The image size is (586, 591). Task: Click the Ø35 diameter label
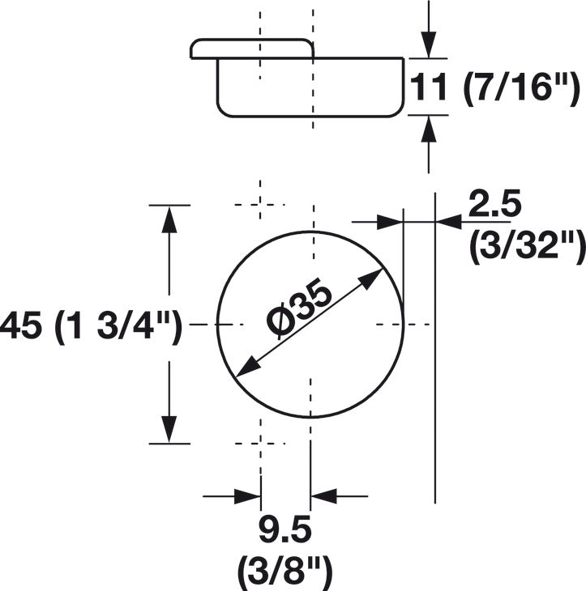[299, 311]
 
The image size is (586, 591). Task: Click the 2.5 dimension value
[494, 204]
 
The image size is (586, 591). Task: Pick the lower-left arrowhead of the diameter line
[246, 367]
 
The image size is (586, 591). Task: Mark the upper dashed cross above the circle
[260, 205]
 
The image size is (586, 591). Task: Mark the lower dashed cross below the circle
[260, 444]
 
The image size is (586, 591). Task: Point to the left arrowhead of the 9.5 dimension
[248, 496]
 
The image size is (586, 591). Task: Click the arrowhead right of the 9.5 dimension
[323, 496]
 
